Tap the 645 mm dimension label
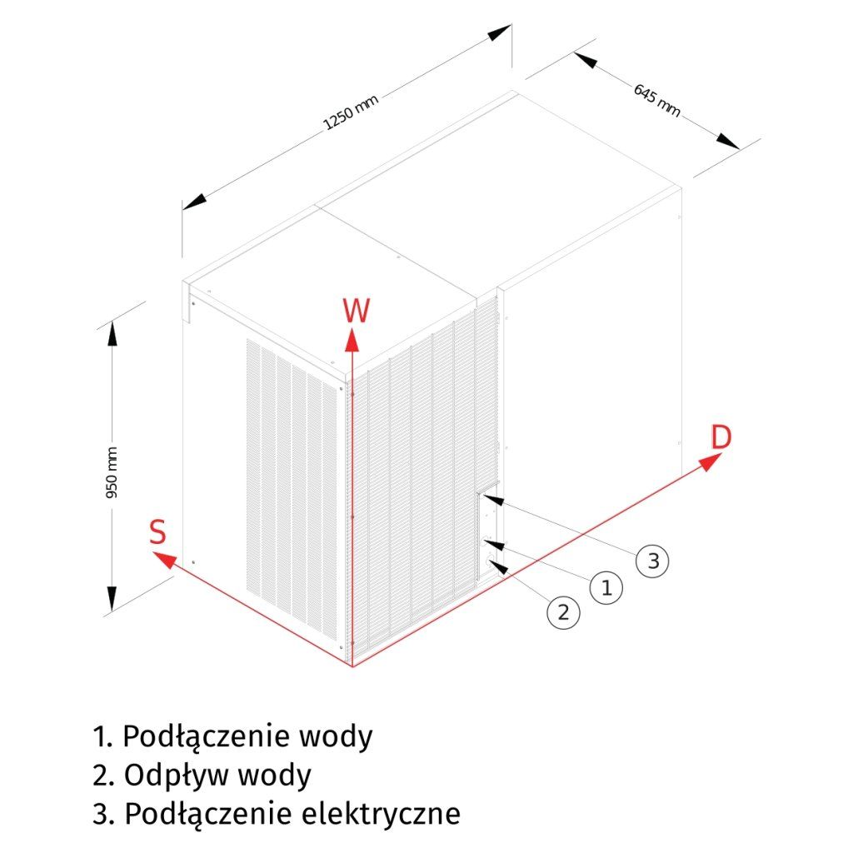point(656,99)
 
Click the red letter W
point(356,310)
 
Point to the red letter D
point(721,437)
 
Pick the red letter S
point(157,532)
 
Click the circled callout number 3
point(653,561)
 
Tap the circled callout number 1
point(606,587)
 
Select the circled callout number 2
point(563,612)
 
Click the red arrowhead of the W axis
point(352,337)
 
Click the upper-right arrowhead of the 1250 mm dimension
point(499,33)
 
